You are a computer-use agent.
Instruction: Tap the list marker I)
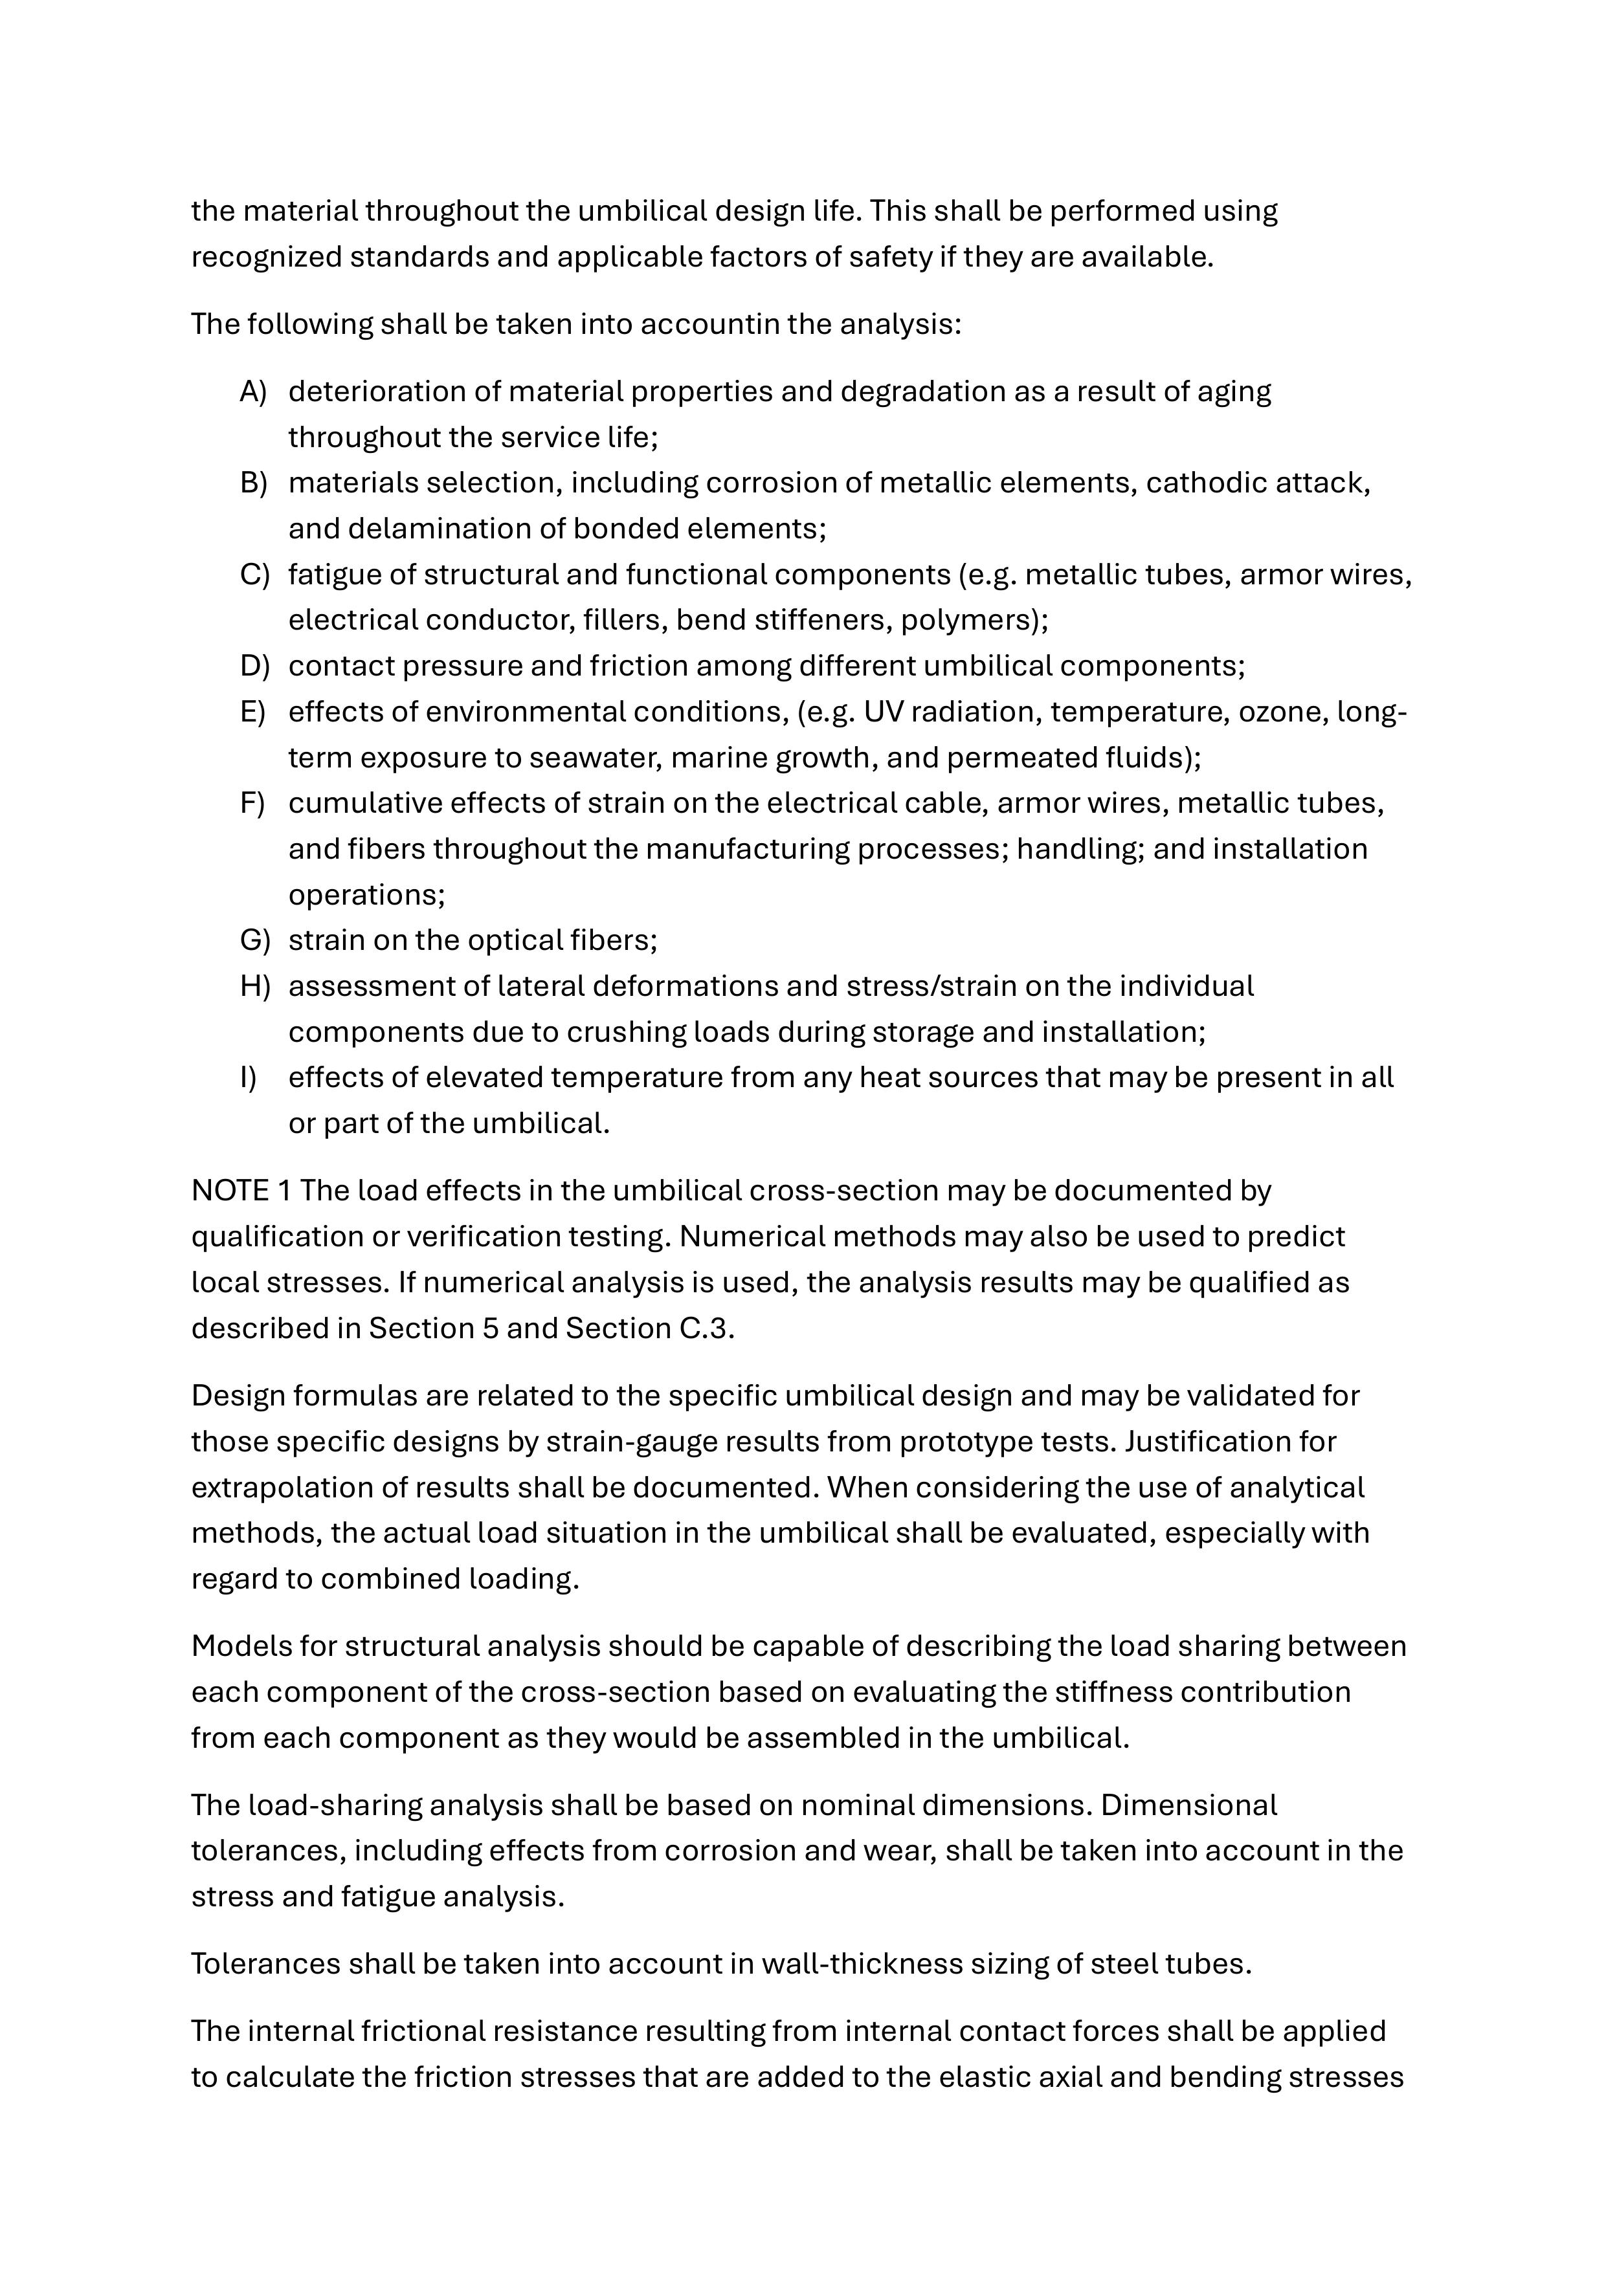[247, 1077]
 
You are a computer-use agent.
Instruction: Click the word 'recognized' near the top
[266, 256]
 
